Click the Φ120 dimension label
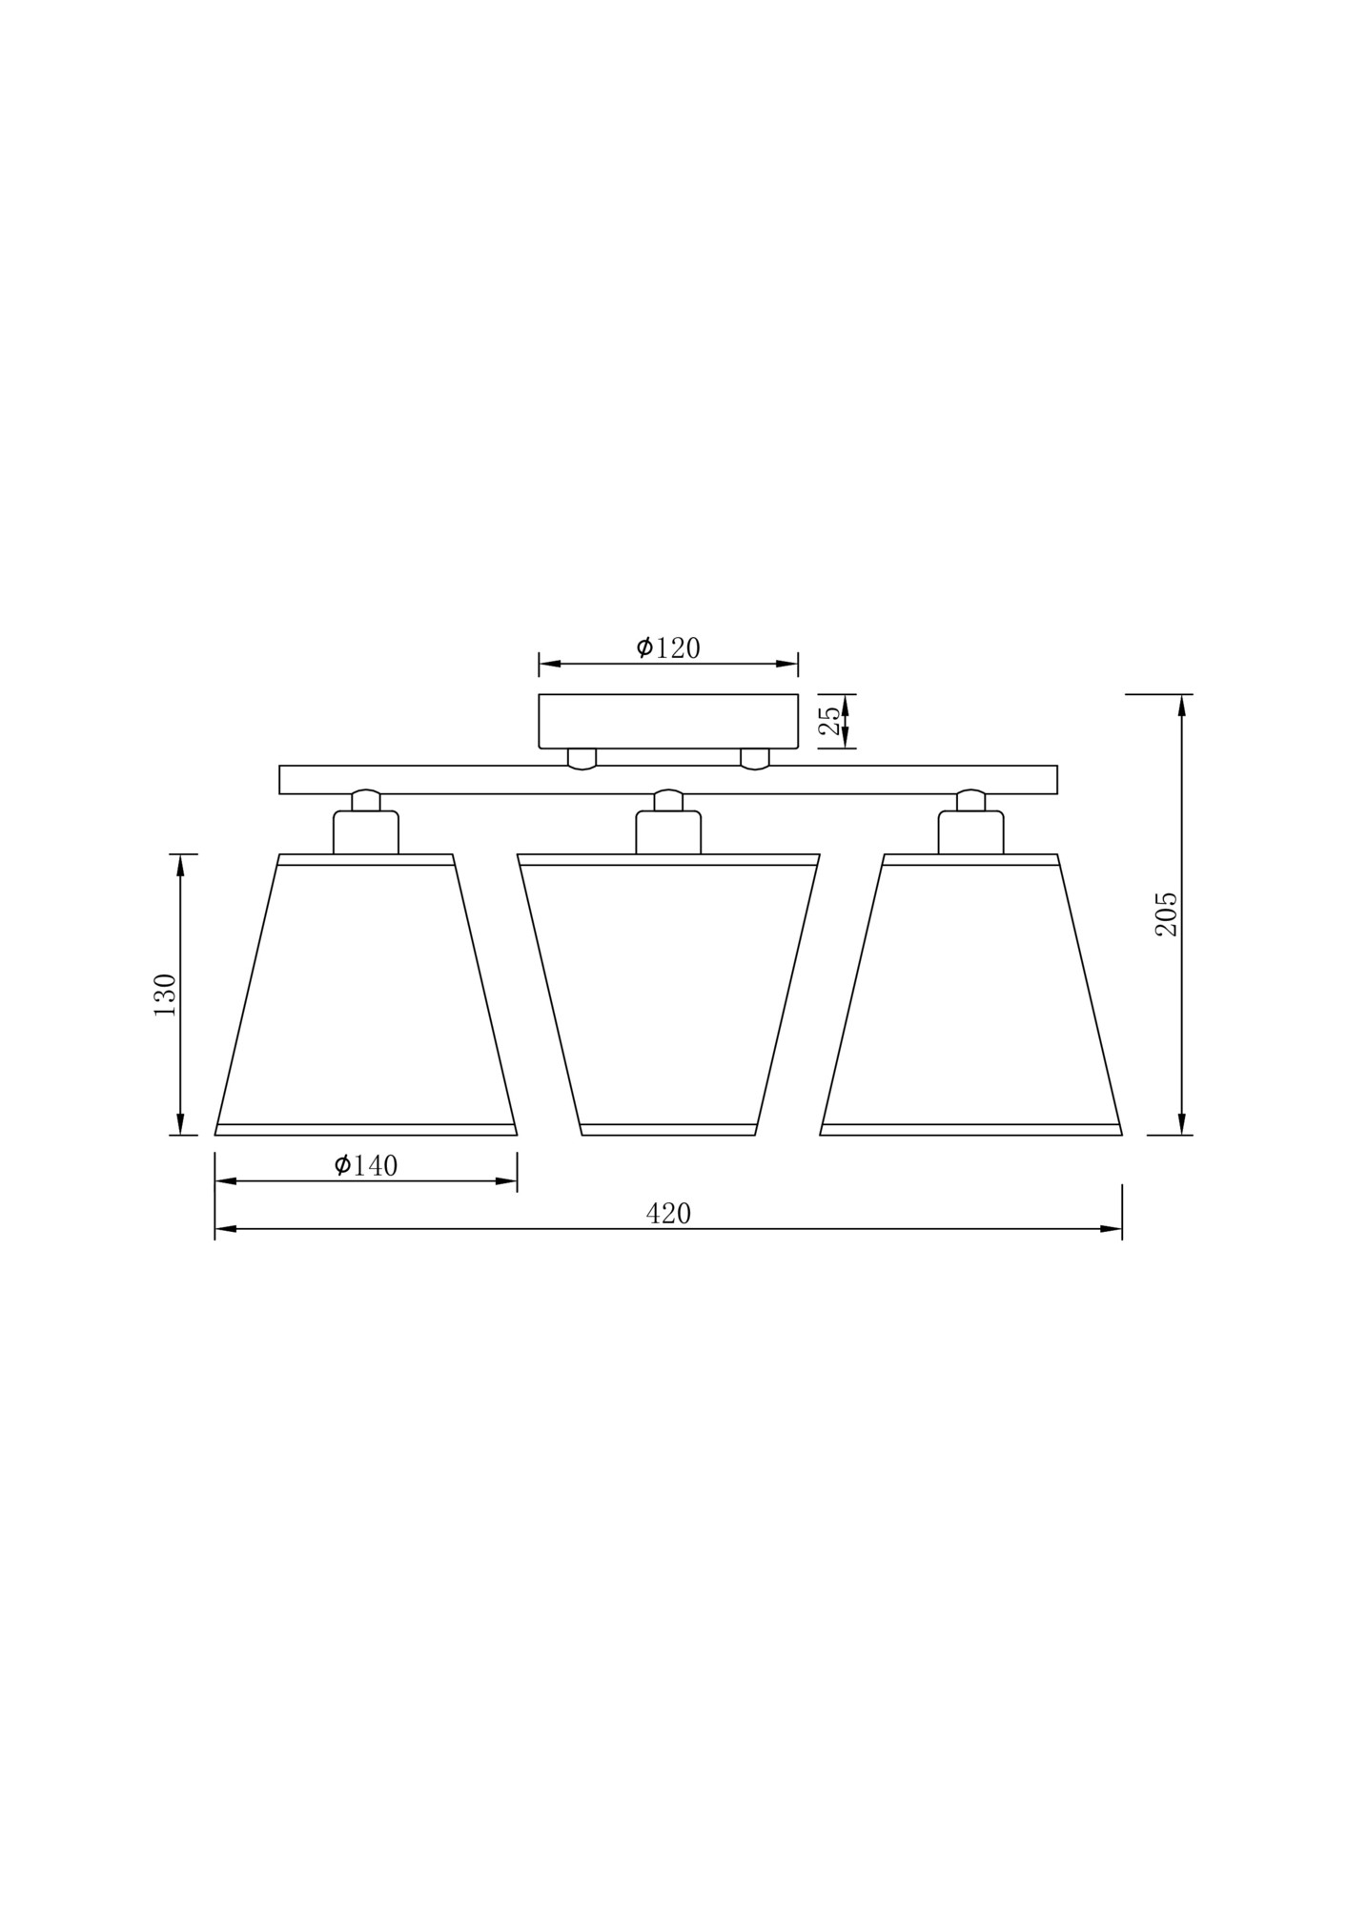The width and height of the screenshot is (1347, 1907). (668, 648)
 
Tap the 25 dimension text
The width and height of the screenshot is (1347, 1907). (830, 721)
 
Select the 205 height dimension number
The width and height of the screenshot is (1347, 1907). (1166, 913)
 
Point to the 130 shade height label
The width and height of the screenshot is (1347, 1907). (165, 995)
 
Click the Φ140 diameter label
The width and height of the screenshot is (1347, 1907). (366, 1165)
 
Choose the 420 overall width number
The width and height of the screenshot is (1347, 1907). (668, 1214)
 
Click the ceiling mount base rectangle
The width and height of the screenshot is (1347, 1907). (667, 721)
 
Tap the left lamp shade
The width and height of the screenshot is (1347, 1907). (366, 996)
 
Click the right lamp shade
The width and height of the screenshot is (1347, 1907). (970, 996)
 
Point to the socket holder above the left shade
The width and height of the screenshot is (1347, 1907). (366, 831)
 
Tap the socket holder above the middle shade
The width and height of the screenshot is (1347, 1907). (668, 831)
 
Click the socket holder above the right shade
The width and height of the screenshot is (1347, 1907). (970, 831)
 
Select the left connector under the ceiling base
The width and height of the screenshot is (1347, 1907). (582, 758)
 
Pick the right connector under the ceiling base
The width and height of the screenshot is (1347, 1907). (755, 758)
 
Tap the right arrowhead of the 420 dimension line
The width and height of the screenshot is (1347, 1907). (1112, 1229)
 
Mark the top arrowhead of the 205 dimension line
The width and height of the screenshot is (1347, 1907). (1182, 706)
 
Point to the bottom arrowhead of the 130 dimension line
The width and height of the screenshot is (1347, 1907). (180, 1124)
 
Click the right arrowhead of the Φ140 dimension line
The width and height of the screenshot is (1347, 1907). (506, 1181)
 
